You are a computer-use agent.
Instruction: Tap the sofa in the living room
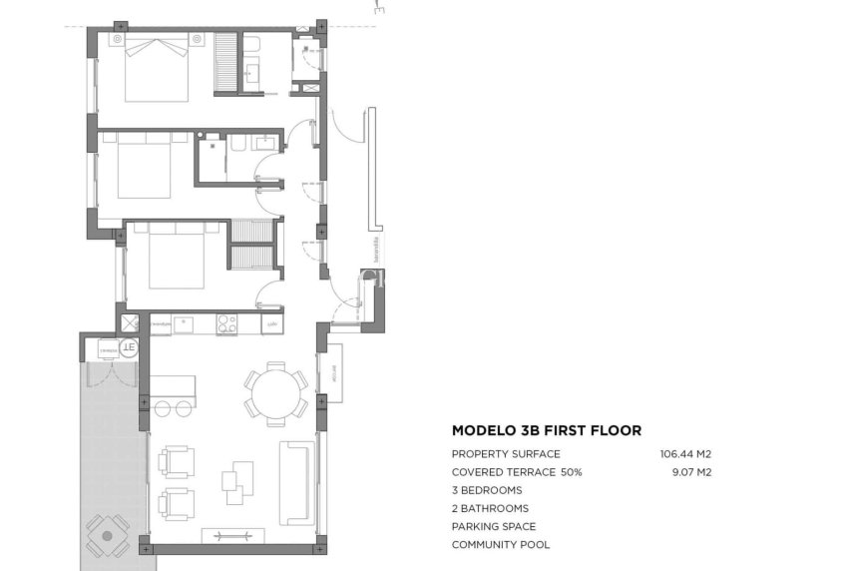297,482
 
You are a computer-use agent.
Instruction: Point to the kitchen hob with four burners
226,324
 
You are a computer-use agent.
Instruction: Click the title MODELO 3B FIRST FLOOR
546,431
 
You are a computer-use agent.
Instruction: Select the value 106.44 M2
685,454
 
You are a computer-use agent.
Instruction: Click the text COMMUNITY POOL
500,544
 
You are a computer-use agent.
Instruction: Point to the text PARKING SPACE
493,526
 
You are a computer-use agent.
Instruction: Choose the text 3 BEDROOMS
486,490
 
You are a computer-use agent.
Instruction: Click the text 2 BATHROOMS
490,508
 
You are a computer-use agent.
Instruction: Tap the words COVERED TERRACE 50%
516,472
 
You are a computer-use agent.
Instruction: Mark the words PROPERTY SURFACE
506,454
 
